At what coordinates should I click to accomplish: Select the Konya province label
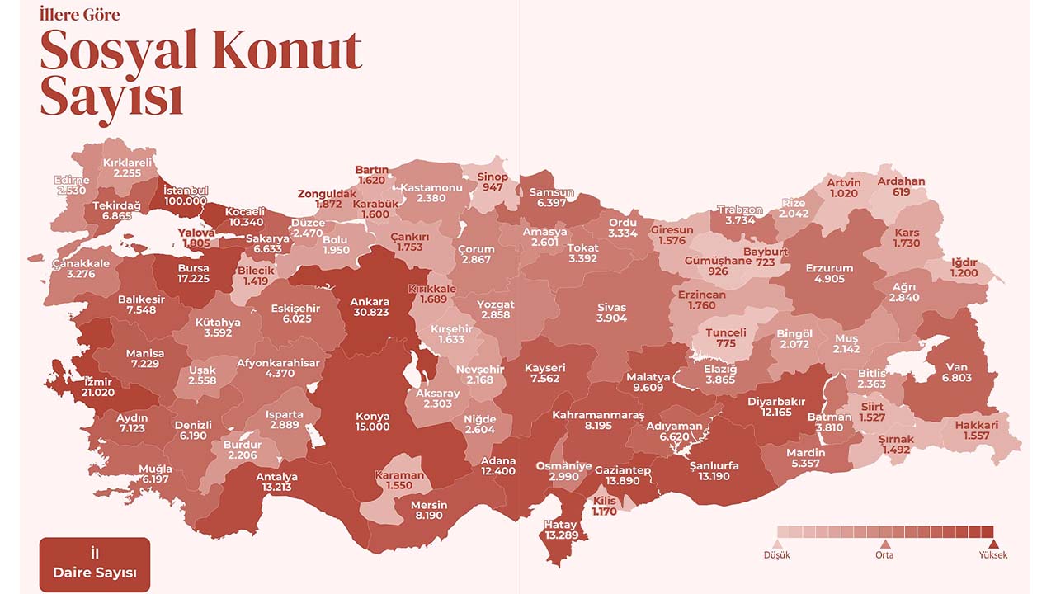click(372, 416)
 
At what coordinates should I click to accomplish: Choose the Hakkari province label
click(976, 426)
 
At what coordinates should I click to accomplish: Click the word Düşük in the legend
click(776, 555)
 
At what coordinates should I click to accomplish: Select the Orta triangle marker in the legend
click(884, 544)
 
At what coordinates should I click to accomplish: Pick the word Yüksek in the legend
click(993, 555)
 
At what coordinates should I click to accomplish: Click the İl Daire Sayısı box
click(95, 564)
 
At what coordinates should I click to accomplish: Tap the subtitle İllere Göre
click(79, 15)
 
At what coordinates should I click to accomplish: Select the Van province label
click(957, 367)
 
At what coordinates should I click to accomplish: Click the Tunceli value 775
click(726, 343)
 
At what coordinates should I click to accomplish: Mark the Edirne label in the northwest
click(73, 181)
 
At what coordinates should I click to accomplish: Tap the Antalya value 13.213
click(276, 488)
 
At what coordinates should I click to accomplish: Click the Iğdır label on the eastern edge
click(964, 262)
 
